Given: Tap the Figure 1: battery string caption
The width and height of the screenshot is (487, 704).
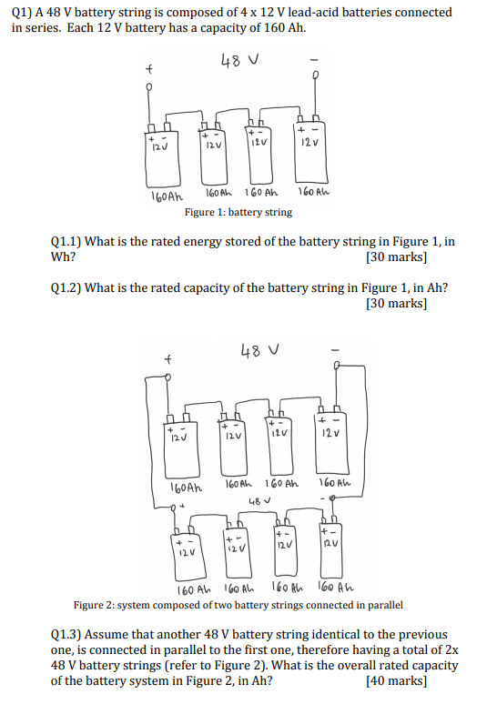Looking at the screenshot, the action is point(238,212).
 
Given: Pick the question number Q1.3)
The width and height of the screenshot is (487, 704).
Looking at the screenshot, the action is point(69,633).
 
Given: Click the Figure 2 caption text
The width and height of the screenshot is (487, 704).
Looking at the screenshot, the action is point(238,605).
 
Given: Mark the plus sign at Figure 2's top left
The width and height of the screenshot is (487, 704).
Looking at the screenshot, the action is point(167,359).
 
